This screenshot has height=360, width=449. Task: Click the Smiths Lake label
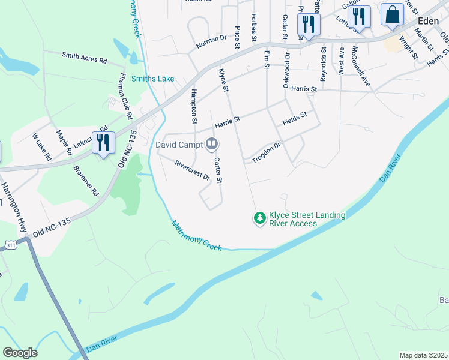pyautogui.click(x=152, y=79)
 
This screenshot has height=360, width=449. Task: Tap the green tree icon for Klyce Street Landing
pyautogui.click(x=259, y=218)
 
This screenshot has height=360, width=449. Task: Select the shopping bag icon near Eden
pyautogui.click(x=392, y=16)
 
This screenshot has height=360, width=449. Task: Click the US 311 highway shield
pyautogui.click(x=11, y=245)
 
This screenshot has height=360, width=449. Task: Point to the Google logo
pyautogui.click(x=20, y=352)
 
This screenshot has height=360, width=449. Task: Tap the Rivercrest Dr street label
pyautogui.click(x=192, y=170)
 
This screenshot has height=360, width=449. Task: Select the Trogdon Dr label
pyautogui.click(x=266, y=152)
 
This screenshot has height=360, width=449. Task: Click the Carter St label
pyautogui.click(x=218, y=170)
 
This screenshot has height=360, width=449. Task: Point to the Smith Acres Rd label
pyautogui.click(x=84, y=58)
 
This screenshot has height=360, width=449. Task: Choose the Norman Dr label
pyautogui.click(x=211, y=41)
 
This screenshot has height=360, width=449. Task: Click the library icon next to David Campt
pyautogui.click(x=211, y=144)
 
